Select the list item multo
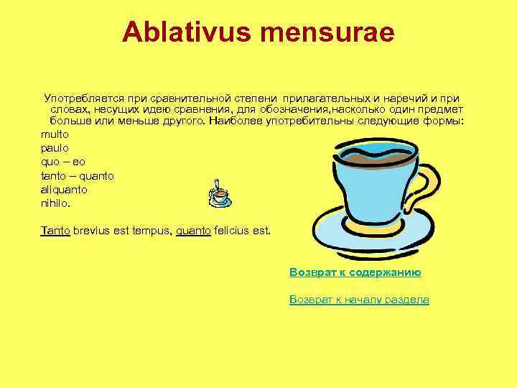(x=55, y=134)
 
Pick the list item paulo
(x=55, y=148)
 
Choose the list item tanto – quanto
(x=78, y=175)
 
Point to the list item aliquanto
(x=65, y=189)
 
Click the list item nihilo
(x=57, y=203)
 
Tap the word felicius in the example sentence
(x=234, y=231)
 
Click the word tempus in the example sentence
(x=148, y=231)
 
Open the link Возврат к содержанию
(x=355, y=272)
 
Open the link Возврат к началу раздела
(x=359, y=300)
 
